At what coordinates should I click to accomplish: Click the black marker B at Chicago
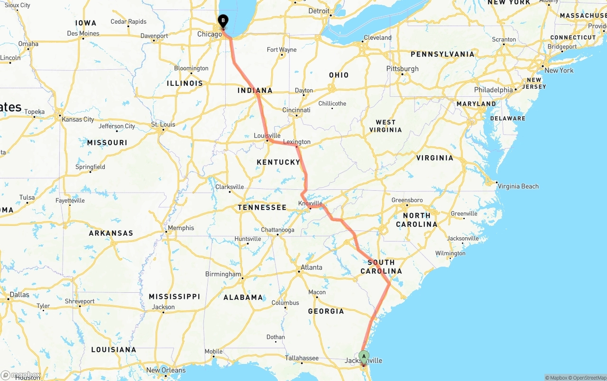click(x=223, y=21)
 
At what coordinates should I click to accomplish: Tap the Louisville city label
click(x=267, y=136)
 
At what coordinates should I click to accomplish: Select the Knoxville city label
click(x=310, y=204)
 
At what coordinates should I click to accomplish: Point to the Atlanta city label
click(x=312, y=268)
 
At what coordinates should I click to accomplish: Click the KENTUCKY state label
click(x=278, y=162)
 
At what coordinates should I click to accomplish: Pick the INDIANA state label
click(x=255, y=91)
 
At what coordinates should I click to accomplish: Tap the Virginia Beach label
click(x=518, y=186)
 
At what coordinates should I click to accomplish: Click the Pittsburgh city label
click(x=403, y=69)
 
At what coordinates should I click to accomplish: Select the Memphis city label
click(x=181, y=228)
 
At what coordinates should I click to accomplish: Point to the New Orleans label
click(x=166, y=371)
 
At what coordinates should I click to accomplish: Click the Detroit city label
click(x=319, y=11)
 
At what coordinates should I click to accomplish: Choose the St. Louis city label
click(x=163, y=125)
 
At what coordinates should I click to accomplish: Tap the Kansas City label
click(x=78, y=120)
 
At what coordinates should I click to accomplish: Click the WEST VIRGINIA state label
click(x=386, y=126)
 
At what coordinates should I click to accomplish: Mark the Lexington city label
click(x=297, y=142)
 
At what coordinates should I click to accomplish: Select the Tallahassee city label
click(x=302, y=358)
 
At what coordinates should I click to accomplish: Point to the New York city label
click(x=559, y=70)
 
